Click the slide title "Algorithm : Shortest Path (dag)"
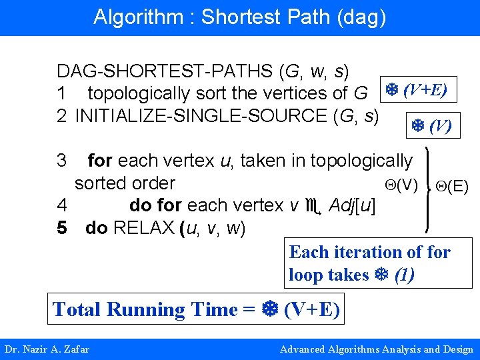239,17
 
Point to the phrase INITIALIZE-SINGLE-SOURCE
201,115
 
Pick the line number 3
62,161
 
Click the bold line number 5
62,228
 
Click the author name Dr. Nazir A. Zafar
47,349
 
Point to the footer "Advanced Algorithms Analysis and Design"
377,349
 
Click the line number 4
62,205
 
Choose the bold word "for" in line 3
100,161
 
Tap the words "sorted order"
125,183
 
